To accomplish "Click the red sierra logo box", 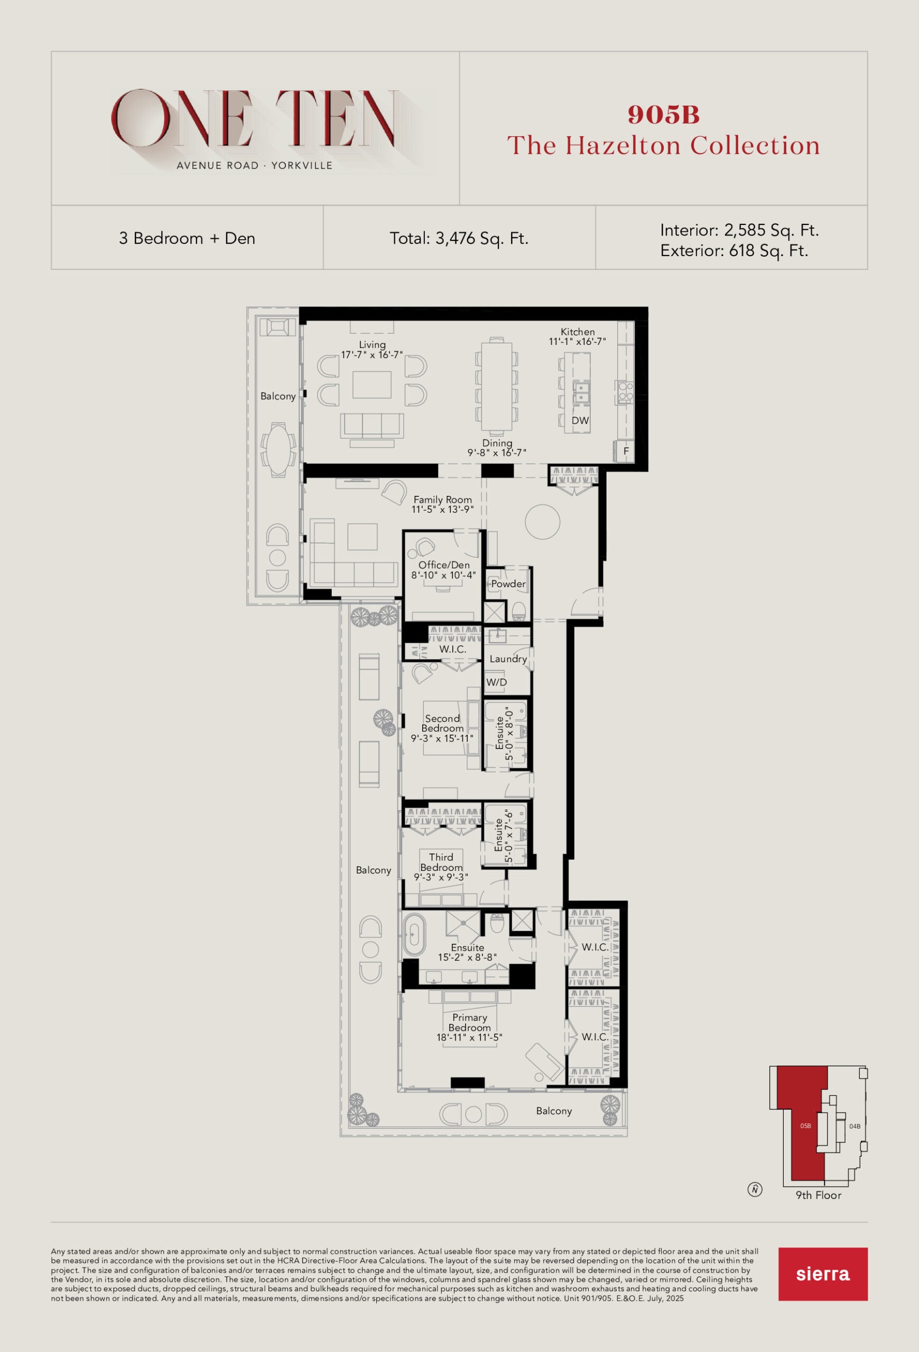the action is click(x=822, y=1273).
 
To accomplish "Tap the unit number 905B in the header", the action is click(x=664, y=115).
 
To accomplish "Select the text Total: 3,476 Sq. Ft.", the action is click(x=459, y=239).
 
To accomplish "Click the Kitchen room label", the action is click(x=578, y=332).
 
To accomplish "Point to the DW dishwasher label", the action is click(x=580, y=420).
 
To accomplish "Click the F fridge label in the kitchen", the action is click(x=626, y=451).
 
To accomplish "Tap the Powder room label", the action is click(x=508, y=584).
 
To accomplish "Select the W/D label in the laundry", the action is click(x=496, y=682).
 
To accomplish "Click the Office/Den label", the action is click(x=444, y=565).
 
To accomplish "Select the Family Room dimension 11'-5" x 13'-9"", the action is click(x=443, y=510).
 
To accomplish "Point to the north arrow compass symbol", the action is click(x=754, y=1189).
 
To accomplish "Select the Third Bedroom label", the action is click(x=441, y=862).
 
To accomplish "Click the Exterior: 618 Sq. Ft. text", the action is click(x=734, y=251).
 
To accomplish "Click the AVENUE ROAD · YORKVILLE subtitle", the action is click(x=254, y=166).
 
